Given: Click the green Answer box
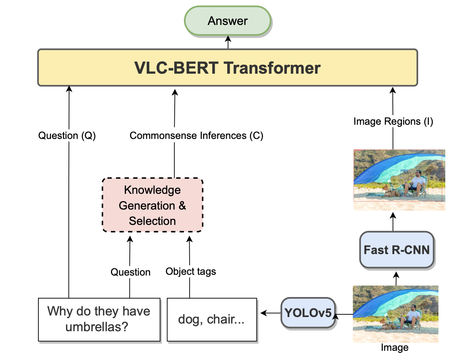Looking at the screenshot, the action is coord(228,21).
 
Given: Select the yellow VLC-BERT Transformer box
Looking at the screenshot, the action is coord(228,68).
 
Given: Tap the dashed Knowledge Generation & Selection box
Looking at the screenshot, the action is coord(152,205).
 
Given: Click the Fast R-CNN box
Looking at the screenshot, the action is coord(397,250).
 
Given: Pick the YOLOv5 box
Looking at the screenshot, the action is coord(308,313).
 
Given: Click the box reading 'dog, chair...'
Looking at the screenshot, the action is coord(212,320).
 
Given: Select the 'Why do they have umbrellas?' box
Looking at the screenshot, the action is coord(99,320).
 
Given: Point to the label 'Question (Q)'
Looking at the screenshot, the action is coord(67,135).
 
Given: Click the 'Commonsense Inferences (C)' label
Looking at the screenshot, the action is coord(196,135).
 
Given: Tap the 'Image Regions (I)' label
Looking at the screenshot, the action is coord(393,121).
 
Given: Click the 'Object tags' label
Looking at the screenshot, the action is coord(191,271).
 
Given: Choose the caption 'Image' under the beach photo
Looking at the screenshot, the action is coord(395,347).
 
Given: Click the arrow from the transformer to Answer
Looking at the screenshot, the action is coord(228,42).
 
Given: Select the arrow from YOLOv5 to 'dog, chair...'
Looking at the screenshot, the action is coord(271,313).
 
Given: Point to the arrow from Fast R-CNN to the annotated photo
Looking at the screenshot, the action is coord(393,222).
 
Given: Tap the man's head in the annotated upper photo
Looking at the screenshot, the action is coord(418,173).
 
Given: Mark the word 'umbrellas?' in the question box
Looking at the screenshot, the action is coord(97,327).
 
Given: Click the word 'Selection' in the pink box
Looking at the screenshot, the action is coord(152,221).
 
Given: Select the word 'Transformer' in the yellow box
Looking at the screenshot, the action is coord(272,68).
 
